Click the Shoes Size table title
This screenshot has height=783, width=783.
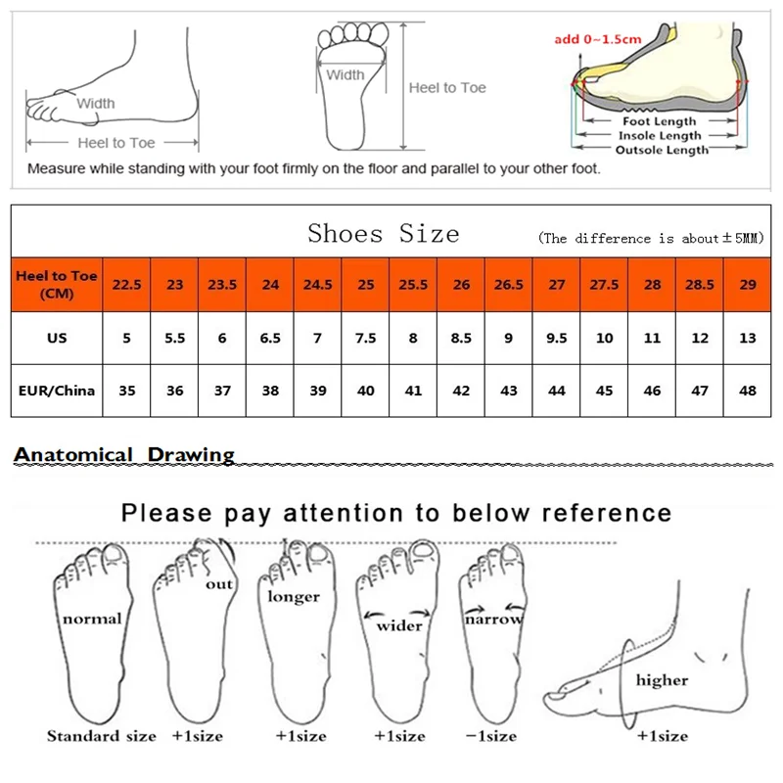(383, 234)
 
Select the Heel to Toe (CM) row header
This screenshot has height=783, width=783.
(57, 284)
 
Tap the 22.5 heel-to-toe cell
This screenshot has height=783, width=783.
(126, 285)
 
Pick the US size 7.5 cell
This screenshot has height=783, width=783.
(366, 338)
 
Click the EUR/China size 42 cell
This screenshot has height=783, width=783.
(461, 390)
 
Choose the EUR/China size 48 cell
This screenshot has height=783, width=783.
(748, 390)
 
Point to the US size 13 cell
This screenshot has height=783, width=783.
(748, 338)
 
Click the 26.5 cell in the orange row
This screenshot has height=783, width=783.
(509, 285)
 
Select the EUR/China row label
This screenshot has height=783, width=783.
(57, 390)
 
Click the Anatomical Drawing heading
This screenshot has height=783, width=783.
(124, 454)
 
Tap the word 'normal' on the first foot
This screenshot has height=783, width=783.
(92, 619)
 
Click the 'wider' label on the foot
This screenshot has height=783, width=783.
(399, 624)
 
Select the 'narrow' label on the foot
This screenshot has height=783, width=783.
(493, 619)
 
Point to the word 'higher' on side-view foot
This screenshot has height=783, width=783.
(662, 679)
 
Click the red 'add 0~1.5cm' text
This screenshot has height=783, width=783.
(597, 39)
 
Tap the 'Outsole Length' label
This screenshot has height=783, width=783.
(662, 150)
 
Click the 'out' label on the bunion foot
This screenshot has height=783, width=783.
(219, 584)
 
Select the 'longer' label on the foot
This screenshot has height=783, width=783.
(294, 596)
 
